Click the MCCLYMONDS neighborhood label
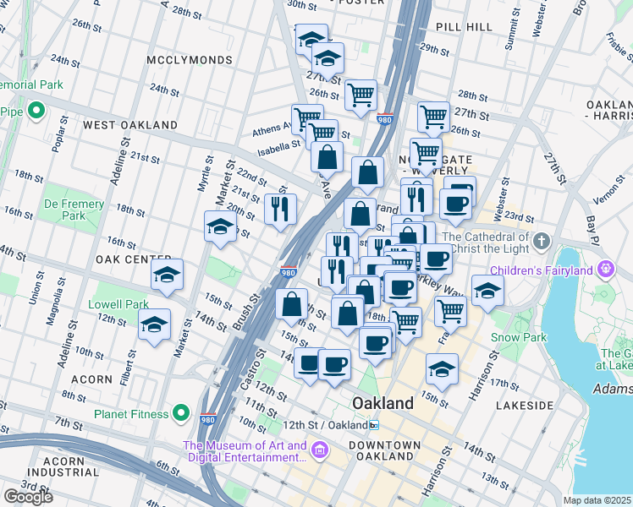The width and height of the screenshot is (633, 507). pos(189,61)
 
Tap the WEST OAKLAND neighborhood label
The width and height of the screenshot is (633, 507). pos(129,125)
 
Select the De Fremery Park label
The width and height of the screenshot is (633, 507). pos(74,210)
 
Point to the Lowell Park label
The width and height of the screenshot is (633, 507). pos(121,304)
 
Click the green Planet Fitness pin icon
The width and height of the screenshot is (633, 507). pos(180,413)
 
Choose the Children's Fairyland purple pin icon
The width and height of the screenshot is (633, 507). pos(606,270)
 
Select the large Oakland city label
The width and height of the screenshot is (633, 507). pos(383,403)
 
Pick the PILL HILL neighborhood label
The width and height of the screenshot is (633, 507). pos(464,27)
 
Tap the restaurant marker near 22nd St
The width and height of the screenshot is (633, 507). pos(280,208)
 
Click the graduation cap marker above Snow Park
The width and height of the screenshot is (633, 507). pos(488,290)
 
